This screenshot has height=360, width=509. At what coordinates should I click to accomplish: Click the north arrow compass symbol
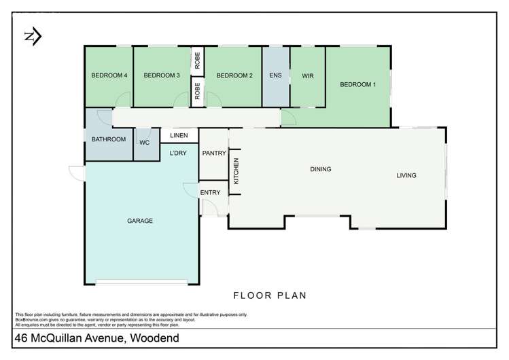pyautogui.click(x=31, y=35)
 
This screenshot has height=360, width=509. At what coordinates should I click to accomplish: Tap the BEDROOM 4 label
pyautogui.click(x=109, y=75)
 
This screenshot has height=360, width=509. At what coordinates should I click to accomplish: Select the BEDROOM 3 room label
pyautogui.click(x=161, y=75)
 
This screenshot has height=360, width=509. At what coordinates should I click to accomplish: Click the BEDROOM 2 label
pyautogui.click(x=234, y=75)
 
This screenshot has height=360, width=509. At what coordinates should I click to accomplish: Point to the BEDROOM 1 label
pyautogui.click(x=357, y=84)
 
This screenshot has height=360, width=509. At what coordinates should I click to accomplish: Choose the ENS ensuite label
pyautogui.click(x=276, y=75)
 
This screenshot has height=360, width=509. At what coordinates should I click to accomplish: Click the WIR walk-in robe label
pyautogui.click(x=308, y=75)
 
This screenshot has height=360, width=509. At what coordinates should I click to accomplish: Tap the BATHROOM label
pyautogui.click(x=109, y=139)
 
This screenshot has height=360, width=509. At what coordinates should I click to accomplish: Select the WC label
pyautogui.click(x=144, y=143)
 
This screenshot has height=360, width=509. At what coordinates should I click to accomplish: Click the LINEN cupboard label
pyautogui.click(x=179, y=136)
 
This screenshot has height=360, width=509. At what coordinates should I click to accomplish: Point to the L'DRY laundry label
pyautogui.click(x=179, y=154)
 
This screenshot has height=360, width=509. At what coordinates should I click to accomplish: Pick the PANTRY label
pyautogui.click(x=213, y=154)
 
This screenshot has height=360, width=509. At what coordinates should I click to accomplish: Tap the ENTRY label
pyautogui.click(x=211, y=192)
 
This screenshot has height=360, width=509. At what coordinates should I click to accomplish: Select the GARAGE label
pyautogui.click(x=139, y=221)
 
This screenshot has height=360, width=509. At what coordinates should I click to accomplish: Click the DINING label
pyautogui.click(x=320, y=169)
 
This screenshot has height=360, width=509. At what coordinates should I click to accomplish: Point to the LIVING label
pyautogui.click(x=406, y=176)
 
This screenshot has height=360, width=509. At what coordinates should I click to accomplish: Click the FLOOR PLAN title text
pyautogui.click(x=270, y=295)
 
